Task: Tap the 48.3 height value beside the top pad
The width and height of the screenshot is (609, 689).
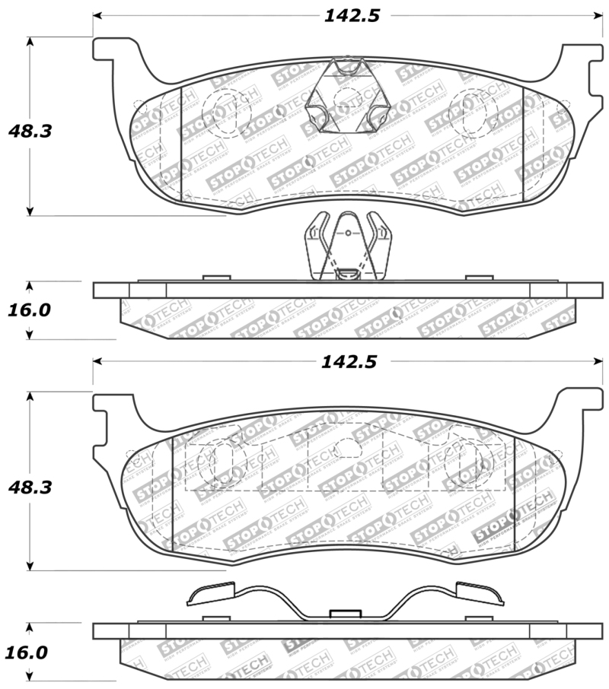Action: coord(30,131)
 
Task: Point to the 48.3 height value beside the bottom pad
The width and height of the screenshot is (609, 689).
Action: coord(30,487)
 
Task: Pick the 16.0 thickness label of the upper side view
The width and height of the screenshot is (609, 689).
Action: coord(30,310)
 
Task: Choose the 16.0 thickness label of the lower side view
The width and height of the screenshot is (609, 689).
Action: coord(30,652)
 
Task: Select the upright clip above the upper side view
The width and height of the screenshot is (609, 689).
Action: coord(347,246)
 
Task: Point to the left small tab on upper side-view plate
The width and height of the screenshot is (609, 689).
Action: coord(218,278)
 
